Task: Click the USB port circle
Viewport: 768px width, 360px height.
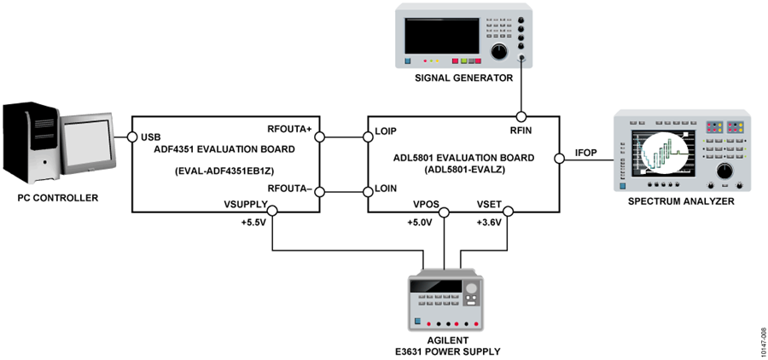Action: [x=131, y=137]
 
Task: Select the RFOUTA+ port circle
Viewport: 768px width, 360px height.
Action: [x=320, y=137]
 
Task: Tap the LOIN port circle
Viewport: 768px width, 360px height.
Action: [x=368, y=190]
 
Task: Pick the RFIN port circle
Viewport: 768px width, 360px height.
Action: [x=521, y=117]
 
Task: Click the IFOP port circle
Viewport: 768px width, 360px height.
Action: [x=560, y=159]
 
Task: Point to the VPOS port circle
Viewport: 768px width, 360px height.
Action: [x=445, y=212]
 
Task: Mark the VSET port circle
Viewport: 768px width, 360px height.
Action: [x=508, y=212]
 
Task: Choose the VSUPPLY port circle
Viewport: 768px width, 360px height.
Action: [x=272, y=212]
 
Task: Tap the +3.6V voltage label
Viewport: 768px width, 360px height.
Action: [x=489, y=223]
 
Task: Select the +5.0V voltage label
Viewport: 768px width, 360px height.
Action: [x=420, y=223]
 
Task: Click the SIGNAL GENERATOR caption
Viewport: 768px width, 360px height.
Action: [x=463, y=78]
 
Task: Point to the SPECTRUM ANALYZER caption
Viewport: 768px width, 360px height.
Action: [x=681, y=201]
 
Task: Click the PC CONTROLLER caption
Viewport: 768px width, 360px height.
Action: [x=58, y=199]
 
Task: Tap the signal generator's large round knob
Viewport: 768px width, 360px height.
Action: [x=499, y=51]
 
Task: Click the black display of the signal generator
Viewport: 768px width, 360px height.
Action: [x=442, y=36]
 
